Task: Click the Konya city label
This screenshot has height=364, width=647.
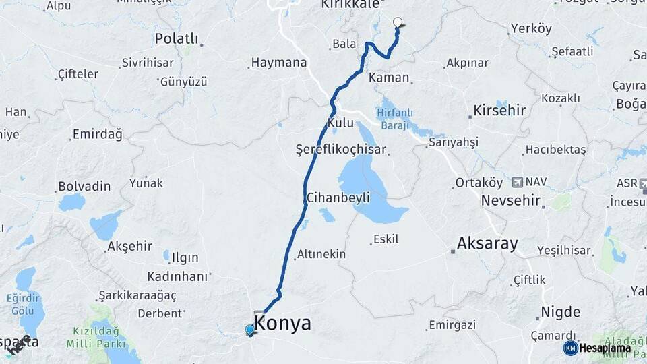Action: [283, 323]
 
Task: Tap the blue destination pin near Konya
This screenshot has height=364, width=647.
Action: [250, 330]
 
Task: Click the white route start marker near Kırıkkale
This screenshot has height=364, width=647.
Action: [397, 22]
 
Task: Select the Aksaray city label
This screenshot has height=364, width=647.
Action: [487, 243]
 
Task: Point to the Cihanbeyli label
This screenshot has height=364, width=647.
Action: [338, 198]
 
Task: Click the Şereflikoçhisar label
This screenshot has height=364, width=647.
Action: [341, 150]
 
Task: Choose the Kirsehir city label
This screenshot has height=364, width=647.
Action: [499, 110]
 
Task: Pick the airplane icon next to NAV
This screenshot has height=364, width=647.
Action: [517, 182]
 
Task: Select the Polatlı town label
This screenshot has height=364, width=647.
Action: [177, 38]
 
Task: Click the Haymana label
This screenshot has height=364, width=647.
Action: [279, 63]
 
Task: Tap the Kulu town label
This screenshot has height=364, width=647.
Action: [340, 123]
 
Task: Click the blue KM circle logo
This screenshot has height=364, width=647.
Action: [570, 348]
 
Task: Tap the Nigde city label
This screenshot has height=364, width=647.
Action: [560, 312]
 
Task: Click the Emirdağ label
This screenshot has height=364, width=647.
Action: [98, 135]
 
